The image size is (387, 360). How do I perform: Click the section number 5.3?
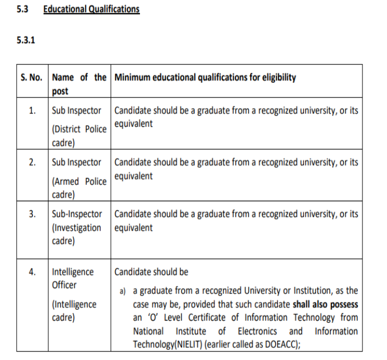click(x=22, y=10)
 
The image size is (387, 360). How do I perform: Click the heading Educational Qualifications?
click(x=92, y=10)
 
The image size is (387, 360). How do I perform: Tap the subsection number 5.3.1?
click(x=27, y=40)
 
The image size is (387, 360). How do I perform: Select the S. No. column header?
click(x=31, y=78)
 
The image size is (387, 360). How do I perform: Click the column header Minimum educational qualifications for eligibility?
click(x=205, y=78)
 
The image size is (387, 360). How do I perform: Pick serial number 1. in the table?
click(x=32, y=111)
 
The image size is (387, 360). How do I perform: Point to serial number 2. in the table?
click(x=32, y=163)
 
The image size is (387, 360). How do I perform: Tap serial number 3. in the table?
click(x=32, y=215)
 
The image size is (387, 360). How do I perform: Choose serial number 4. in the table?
click(x=32, y=272)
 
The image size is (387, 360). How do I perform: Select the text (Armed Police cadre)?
click(x=78, y=188)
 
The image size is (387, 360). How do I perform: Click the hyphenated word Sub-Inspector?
click(x=77, y=215)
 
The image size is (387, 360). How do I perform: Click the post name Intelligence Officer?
click(x=72, y=278)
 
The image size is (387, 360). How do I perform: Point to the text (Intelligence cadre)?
click(x=74, y=311)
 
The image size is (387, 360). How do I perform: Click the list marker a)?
click(x=122, y=292)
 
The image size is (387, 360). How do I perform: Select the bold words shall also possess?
click(x=325, y=305)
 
